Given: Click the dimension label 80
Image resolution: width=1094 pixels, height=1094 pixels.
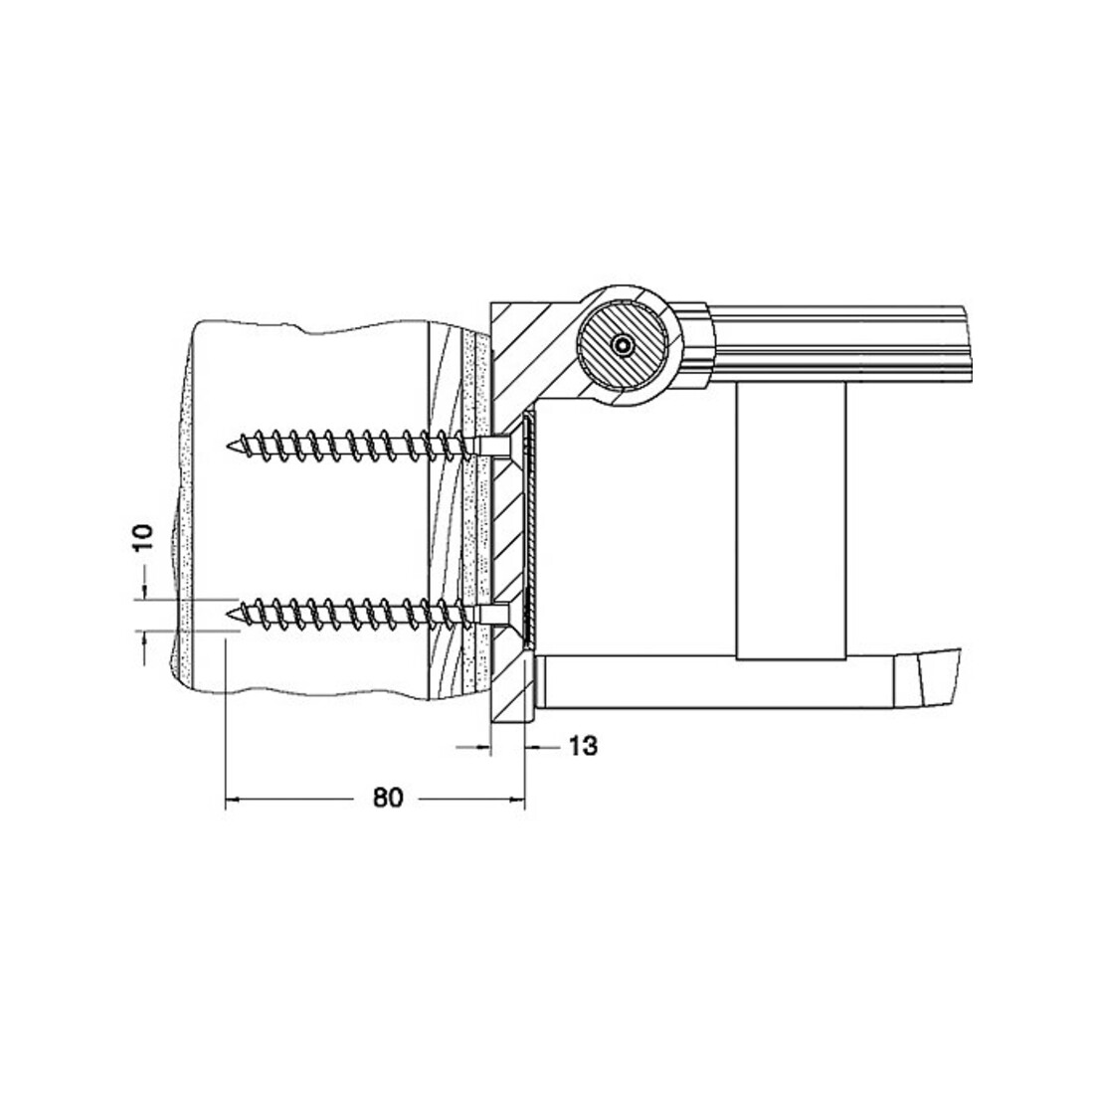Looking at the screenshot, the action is [x=388, y=797].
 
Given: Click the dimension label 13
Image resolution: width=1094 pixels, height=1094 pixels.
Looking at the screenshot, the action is [x=583, y=746].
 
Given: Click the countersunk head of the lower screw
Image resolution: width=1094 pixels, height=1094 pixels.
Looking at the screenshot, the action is [x=513, y=614].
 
